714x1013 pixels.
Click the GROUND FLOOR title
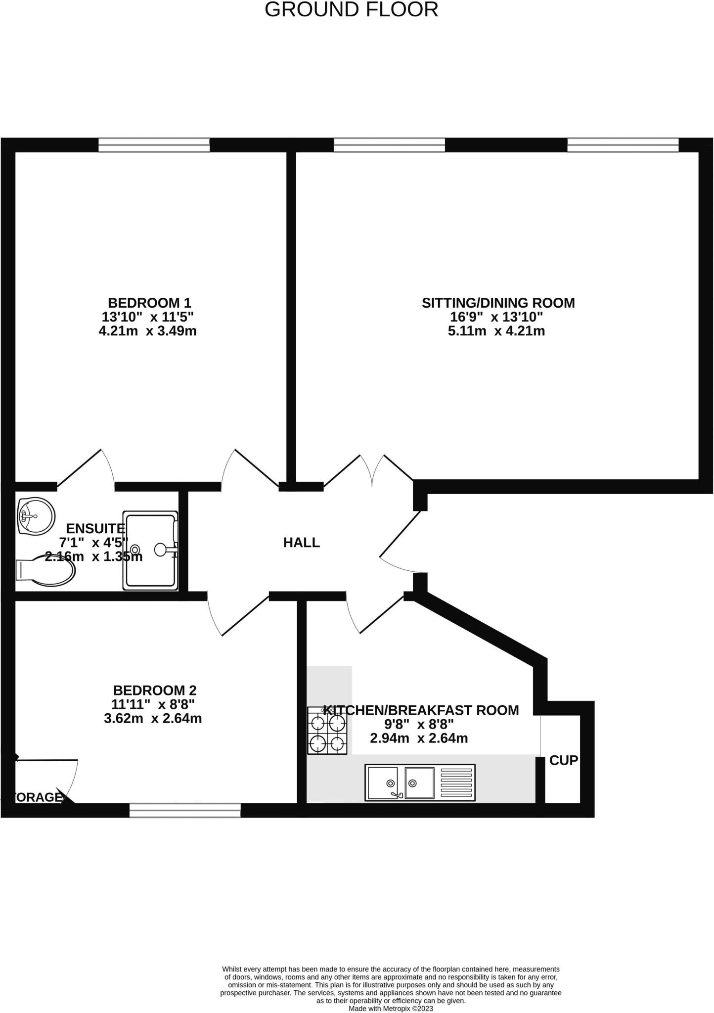pyautogui.click(x=351, y=10)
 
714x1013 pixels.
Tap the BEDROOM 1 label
pyautogui.click(x=149, y=303)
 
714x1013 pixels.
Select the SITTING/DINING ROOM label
pyautogui.click(x=498, y=303)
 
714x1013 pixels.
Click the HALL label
pyautogui.click(x=301, y=543)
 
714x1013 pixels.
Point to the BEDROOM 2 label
pyautogui.click(x=155, y=690)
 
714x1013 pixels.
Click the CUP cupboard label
pyautogui.click(x=563, y=760)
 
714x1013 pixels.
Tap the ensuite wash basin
pyautogui.click(x=35, y=516)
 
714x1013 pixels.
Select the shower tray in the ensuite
pyautogui.click(x=149, y=551)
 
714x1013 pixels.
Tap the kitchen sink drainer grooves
pyautogui.click(x=457, y=782)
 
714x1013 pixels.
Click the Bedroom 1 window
pyautogui.click(x=154, y=145)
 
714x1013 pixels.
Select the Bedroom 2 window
pyautogui.click(x=185, y=810)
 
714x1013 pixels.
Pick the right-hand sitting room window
pyautogui.click(x=623, y=145)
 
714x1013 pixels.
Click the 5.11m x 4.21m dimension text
pyautogui.click(x=496, y=331)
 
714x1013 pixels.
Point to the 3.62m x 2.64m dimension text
pyautogui.click(x=153, y=718)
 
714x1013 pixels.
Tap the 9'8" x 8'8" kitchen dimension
pyautogui.click(x=418, y=725)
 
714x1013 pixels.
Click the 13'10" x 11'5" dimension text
pyautogui.click(x=147, y=317)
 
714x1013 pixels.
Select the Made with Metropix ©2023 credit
pyautogui.click(x=391, y=1009)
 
